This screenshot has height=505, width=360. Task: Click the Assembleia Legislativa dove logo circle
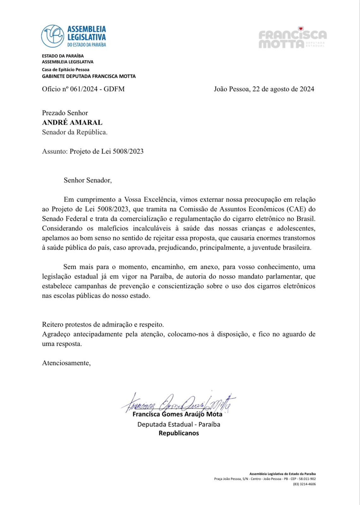pyautogui.click(x=53, y=36)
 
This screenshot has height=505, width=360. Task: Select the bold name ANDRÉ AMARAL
pyautogui.click(x=72, y=122)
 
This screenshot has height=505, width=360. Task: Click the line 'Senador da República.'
pyautogui.click(x=75, y=132)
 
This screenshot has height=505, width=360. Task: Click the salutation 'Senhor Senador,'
pyautogui.click(x=88, y=180)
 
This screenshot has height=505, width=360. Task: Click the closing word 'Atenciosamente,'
pyautogui.click(x=66, y=363)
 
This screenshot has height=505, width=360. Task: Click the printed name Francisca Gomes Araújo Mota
pyautogui.click(x=177, y=414)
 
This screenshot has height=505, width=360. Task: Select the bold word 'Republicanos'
pyautogui.click(x=179, y=433)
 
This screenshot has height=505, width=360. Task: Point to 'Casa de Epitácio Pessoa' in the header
pyautogui.click(x=66, y=69)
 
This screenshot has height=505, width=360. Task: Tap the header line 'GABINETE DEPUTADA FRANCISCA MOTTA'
pyautogui.click(x=89, y=76)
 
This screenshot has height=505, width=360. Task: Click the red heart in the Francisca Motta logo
pyautogui.click(x=301, y=28)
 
